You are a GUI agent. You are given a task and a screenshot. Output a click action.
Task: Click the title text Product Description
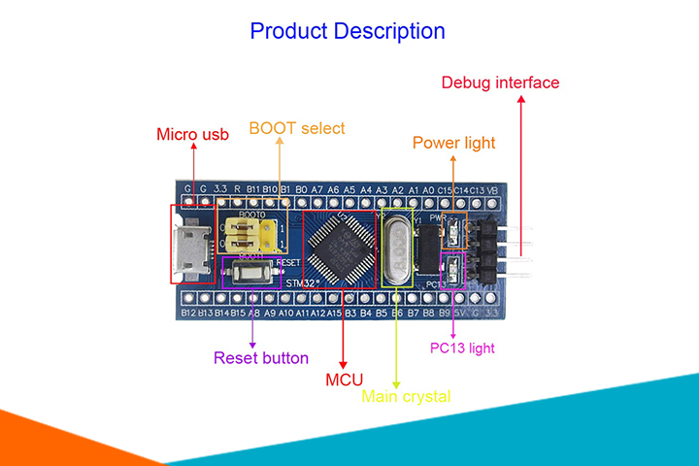348,30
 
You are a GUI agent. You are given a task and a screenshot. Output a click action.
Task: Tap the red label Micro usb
193,134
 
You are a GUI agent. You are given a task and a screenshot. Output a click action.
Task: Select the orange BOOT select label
297,128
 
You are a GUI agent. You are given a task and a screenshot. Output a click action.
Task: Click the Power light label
453,143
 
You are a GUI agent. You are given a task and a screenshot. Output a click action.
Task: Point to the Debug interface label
500,83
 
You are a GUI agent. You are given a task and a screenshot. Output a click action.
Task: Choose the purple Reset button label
261,357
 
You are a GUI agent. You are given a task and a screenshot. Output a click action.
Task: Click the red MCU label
344,379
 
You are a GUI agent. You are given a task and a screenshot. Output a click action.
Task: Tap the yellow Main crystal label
406,396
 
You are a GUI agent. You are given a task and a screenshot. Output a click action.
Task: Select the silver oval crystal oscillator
399,248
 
